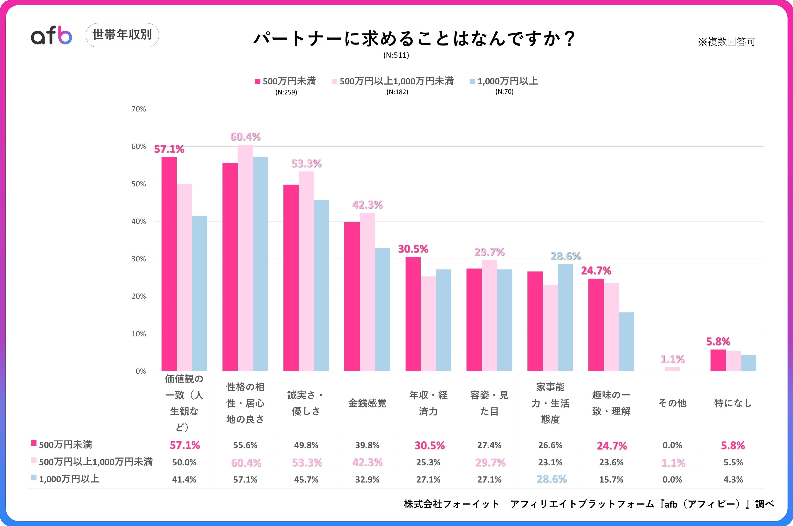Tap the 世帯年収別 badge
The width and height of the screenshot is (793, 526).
click(122, 35)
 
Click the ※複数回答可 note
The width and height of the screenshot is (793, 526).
click(726, 42)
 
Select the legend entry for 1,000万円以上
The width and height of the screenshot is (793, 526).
click(504, 81)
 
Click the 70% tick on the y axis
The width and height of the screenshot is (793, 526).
click(139, 109)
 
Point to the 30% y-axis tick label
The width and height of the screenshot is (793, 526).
click(139, 259)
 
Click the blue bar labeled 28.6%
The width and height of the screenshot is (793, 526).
click(566, 317)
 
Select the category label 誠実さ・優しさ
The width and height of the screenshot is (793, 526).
click(306, 403)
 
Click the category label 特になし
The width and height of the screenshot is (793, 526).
click(733, 403)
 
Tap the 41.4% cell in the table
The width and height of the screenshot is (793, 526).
click(184, 480)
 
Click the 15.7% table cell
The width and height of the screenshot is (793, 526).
click(611, 480)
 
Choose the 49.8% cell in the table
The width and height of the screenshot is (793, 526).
click(306, 445)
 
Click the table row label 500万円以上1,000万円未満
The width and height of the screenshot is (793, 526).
click(95, 462)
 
